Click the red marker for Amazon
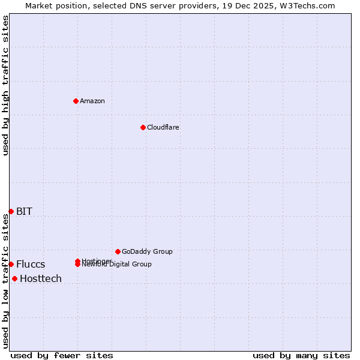pos(76,101)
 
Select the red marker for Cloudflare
pos(143,127)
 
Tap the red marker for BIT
pos(11,211)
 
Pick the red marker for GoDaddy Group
pos(118,251)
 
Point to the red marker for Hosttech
pos(14,278)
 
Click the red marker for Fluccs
pos(11,264)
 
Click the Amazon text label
pos(92,101)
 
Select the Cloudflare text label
pos(163,127)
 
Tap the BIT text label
pos(24,211)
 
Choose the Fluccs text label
pos(31,265)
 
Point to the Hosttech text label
pos(41,279)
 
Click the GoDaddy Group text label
pos(147,251)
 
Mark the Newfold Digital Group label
pos(118,265)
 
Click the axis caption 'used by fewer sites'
pos(62,356)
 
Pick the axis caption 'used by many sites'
pos(301,356)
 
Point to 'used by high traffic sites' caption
pos(5,85)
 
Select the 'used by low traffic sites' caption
pos(5,281)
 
